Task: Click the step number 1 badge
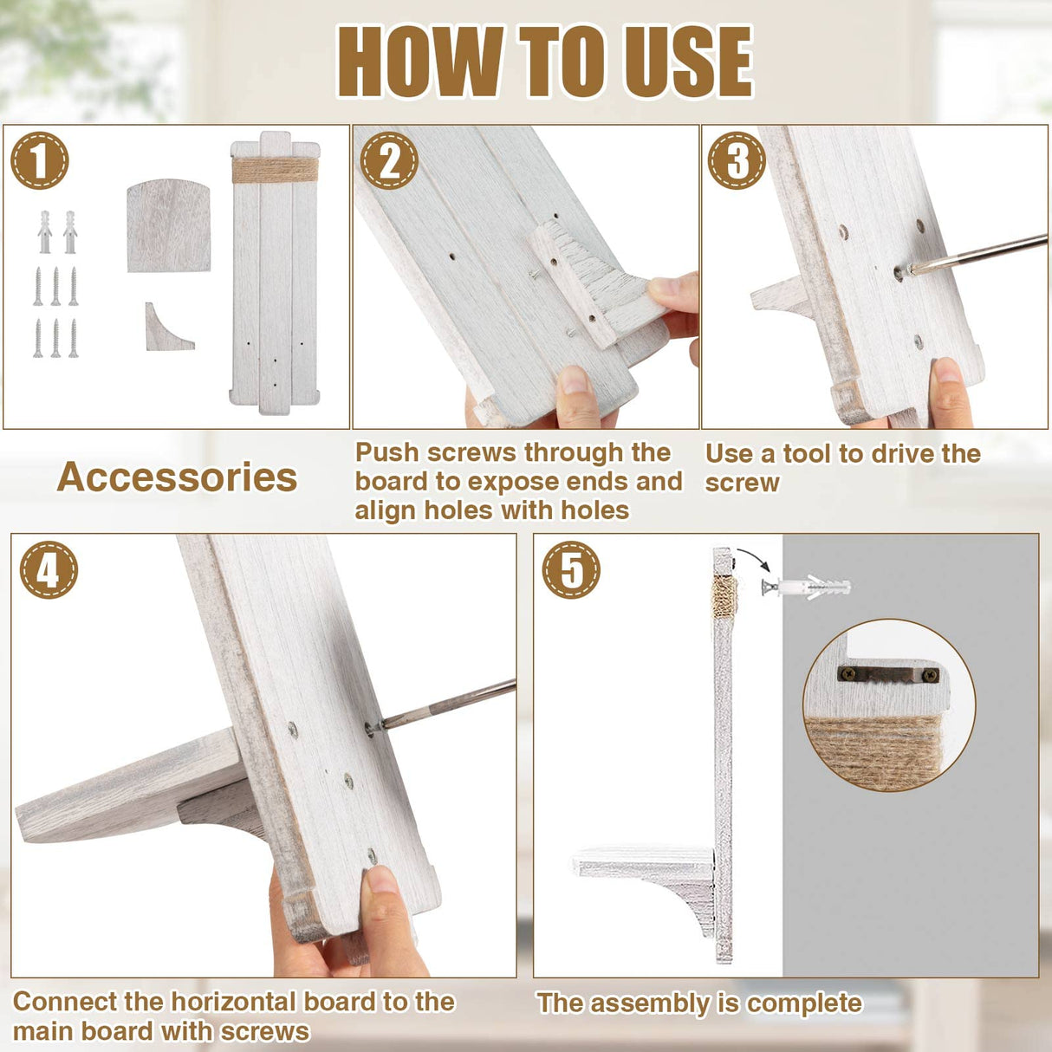[x=39, y=160]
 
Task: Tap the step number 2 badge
[x=388, y=160]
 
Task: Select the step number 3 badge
[x=737, y=160]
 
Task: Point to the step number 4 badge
[x=49, y=570]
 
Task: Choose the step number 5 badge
[x=571, y=570]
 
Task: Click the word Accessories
[x=177, y=477]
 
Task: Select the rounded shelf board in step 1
[x=169, y=225]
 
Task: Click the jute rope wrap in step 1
[x=275, y=171]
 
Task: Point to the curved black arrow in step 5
[x=757, y=558]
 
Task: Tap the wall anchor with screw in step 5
[x=806, y=588]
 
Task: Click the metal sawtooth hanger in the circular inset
[x=888, y=674]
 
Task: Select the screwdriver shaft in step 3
[x=977, y=253]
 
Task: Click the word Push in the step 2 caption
[x=386, y=453]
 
